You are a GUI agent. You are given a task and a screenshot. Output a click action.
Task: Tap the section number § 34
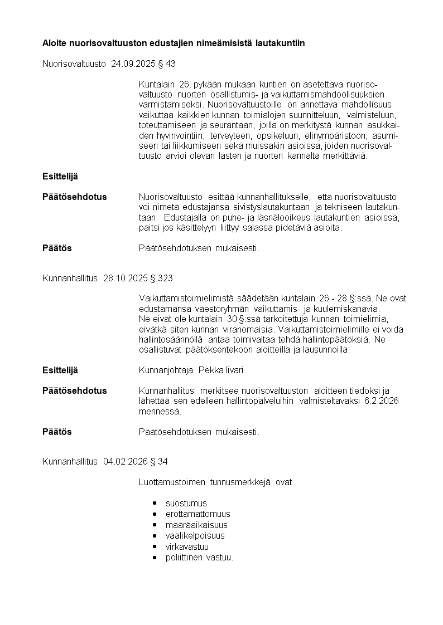coord(159,461)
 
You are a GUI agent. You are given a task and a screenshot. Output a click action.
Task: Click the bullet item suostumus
coord(186,503)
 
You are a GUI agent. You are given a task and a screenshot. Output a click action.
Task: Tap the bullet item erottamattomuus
coord(198,514)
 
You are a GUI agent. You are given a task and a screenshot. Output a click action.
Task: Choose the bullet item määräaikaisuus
coord(196,525)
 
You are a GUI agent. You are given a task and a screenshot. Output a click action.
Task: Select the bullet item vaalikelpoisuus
coord(195,535)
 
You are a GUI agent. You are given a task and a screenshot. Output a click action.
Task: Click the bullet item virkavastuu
coord(187,546)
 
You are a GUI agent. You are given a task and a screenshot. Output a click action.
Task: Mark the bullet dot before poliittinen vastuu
coord(154,557)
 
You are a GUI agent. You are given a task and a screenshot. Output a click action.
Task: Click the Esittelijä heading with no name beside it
coord(60,176)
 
